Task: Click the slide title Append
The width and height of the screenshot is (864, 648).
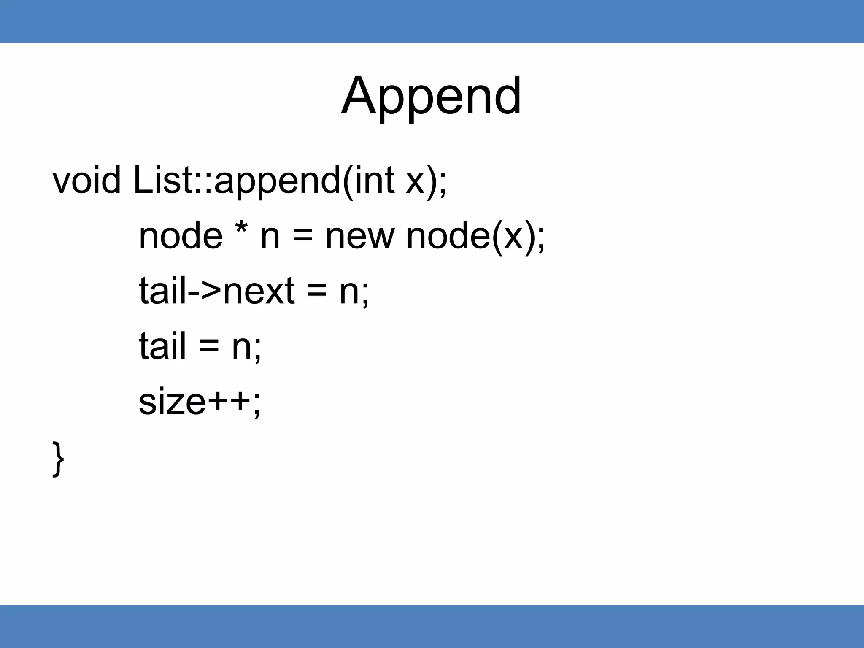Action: click(431, 96)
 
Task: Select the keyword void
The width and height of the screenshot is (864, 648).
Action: click(86, 180)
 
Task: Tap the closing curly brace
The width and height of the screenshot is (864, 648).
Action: click(58, 459)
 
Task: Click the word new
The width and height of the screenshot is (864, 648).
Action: click(360, 236)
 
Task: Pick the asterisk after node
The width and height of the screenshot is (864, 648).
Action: click(241, 230)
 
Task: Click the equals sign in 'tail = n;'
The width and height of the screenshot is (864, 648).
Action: click(209, 347)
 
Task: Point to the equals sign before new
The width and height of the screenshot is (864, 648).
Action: click(302, 237)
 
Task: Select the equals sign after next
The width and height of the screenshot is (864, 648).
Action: click(316, 292)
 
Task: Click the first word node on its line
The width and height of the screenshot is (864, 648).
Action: click(181, 236)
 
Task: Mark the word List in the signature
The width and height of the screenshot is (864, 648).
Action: click(163, 180)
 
